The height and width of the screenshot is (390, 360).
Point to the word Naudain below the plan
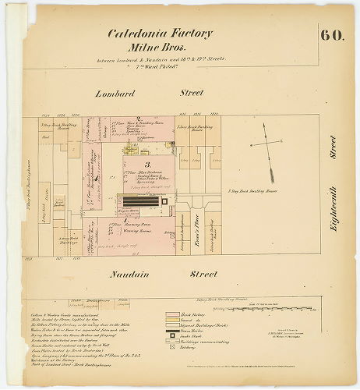114,275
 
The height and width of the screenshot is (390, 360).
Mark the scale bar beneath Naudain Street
275,302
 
